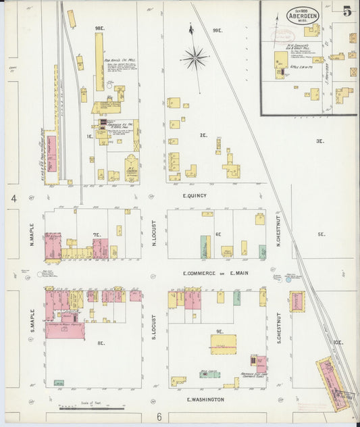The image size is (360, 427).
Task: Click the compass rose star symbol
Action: click(195, 58)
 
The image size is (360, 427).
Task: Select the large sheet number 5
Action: click(346, 11)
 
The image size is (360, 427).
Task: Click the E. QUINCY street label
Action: click(195, 196)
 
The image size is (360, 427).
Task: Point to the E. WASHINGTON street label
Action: click(205, 399)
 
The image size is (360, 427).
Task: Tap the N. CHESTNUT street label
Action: click(278, 233)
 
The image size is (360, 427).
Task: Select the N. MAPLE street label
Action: click(31, 234)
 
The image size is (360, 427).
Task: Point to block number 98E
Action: click(100, 28)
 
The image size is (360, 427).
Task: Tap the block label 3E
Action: click(319, 141)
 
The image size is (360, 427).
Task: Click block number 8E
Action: click(101, 343)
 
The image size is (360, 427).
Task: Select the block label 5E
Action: click(321, 234)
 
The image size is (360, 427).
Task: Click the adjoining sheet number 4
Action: click(14, 198)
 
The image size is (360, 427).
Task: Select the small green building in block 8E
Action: click(59, 383)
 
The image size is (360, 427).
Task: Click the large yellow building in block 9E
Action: click(223, 344)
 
